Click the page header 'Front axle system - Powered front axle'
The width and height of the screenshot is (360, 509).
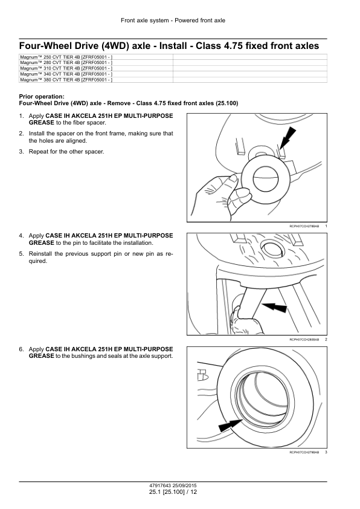[x=173, y=21]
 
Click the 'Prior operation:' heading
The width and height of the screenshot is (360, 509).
[x=42, y=96]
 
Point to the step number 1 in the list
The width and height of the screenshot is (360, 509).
[x=21, y=116]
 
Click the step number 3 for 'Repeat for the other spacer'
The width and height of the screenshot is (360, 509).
[x=21, y=152]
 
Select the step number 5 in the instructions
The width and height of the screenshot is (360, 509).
[x=21, y=254]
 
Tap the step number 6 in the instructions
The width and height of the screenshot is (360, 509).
[x=21, y=349]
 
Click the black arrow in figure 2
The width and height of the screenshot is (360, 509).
[x=274, y=306]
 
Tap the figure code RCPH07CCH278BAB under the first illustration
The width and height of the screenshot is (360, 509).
[x=304, y=226]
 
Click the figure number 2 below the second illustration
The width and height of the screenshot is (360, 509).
[x=326, y=340]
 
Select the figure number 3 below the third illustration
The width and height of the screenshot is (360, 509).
[x=326, y=452]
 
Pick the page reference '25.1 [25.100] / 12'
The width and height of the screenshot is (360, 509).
[x=173, y=492]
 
